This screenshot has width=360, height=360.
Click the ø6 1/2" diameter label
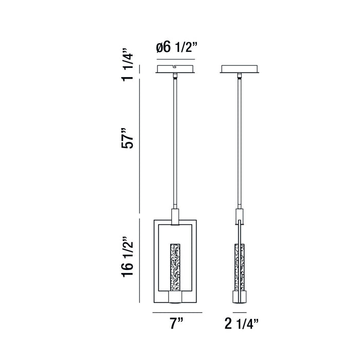click(176, 47)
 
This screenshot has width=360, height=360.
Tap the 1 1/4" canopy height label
click(127, 64)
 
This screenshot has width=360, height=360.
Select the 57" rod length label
click(127, 138)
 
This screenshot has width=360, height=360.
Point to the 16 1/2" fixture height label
click(127, 256)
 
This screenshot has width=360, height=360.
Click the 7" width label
click(176, 323)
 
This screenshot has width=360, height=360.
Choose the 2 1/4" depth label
click(242, 323)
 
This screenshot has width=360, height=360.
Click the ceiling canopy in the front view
click(175, 69)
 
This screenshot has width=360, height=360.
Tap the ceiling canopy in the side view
click(240, 69)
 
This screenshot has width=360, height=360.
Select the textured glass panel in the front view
click(175, 267)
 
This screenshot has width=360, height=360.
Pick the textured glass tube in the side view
click(240, 267)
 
